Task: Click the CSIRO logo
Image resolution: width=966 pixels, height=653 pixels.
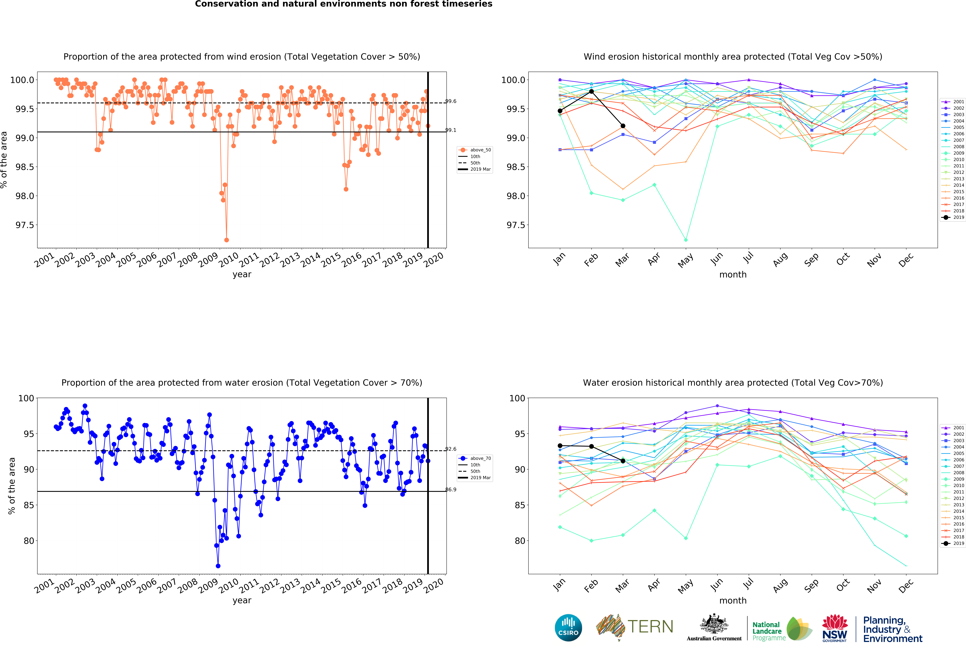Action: click(x=568, y=628)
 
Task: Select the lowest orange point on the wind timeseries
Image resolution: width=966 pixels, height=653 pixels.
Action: click(x=227, y=240)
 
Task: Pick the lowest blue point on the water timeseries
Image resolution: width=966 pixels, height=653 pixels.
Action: click(x=218, y=566)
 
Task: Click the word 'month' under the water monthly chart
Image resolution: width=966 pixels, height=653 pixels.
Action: click(x=733, y=601)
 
